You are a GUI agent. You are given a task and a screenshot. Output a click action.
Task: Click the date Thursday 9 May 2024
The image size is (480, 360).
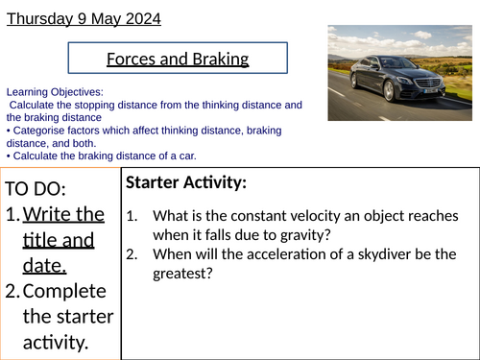coord(84,18)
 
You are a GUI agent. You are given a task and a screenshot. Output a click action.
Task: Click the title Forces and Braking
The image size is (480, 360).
coord(178,60)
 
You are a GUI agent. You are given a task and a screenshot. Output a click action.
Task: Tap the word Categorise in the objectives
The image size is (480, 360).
coord(37,130)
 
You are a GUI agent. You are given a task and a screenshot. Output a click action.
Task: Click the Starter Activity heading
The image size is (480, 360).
coord(184,182)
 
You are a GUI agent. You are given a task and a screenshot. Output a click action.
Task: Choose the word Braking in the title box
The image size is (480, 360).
coord(217,60)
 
